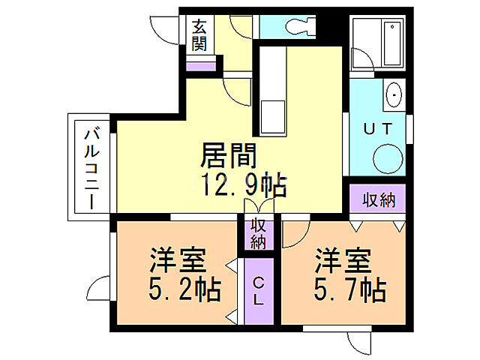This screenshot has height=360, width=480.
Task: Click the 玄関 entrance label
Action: [199, 34]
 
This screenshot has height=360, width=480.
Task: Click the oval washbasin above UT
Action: [393, 95]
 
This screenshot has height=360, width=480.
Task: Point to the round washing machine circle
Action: [388, 158]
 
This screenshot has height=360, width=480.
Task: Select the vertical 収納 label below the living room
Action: [257, 232]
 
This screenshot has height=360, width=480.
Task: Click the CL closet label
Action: [257, 290]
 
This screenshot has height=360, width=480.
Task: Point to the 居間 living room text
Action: [229, 155]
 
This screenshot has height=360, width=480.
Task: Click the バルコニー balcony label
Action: [90, 167]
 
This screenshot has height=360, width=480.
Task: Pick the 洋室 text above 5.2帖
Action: [177, 260]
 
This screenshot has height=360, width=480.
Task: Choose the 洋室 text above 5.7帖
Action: [342, 260]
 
